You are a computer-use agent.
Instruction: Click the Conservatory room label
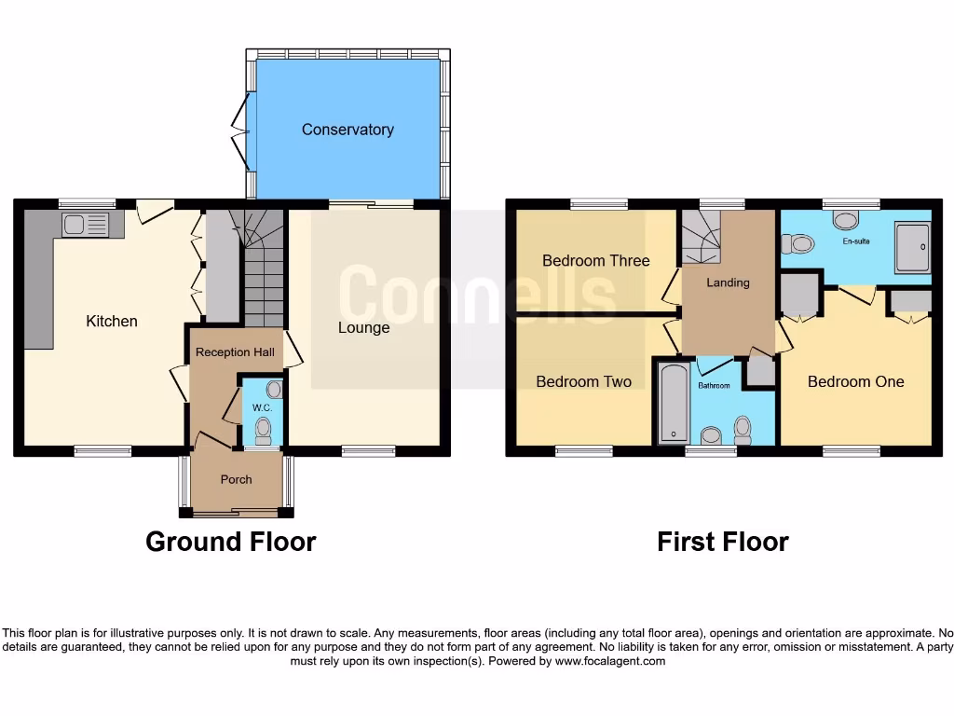click(x=348, y=130)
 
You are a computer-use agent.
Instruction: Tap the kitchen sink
click(x=85, y=224)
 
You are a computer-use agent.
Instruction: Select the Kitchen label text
click(x=112, y=321)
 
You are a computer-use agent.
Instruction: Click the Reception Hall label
click(x=235, y=352)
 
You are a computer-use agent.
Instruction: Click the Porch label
click(x=236, y=479)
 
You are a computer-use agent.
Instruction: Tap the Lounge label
click(x=363, y=327)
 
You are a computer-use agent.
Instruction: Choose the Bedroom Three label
click(x=596, y=260)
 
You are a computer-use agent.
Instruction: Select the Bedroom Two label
click(x=584, y=381)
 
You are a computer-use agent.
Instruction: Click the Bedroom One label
click(x=855, y=381)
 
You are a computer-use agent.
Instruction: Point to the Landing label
click(x=728, y=282)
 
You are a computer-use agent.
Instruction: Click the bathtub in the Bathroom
click(x=671, y=403)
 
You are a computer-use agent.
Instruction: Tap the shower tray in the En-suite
click(x=912, y=247)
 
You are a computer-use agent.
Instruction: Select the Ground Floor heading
click(x=231, y=542)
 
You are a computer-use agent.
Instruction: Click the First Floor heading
click(x=723, y=542)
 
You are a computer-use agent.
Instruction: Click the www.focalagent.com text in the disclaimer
click(x=610, y=661)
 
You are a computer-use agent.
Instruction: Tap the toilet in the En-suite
click(x=799, y=244)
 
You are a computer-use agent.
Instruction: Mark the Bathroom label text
click(x=715, y=384)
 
